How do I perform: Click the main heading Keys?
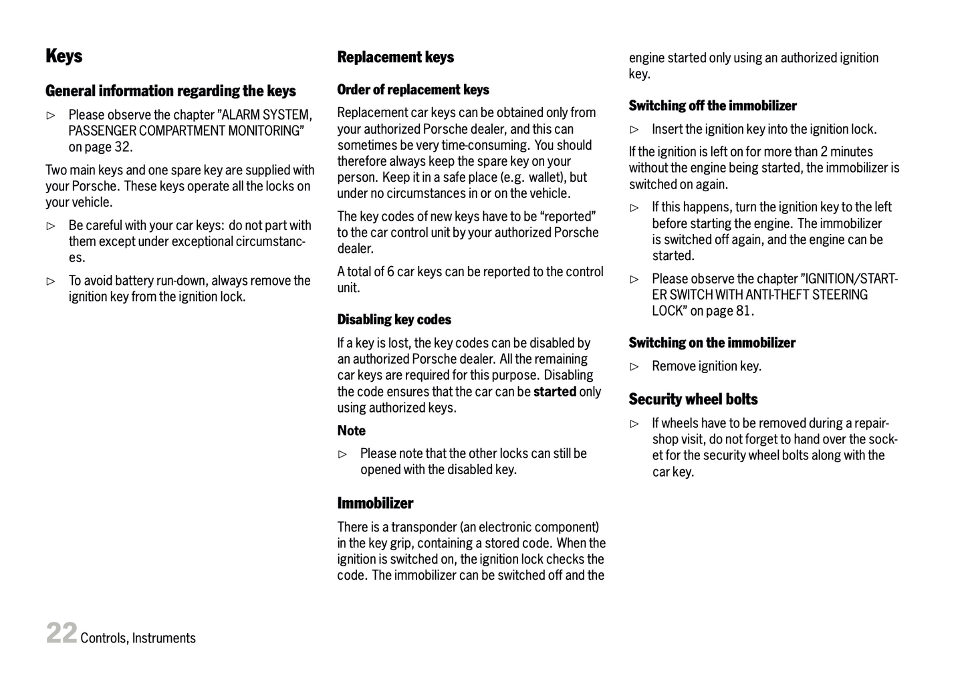(64, 56)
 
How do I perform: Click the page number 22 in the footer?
(61, 633)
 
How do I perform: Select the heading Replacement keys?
(395, 57)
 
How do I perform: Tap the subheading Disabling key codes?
(394, 320)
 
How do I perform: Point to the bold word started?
(554, 392)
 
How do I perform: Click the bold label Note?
(351, 431)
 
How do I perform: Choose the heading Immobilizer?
(375, 503)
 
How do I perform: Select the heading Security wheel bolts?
(693, 400)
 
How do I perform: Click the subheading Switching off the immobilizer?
(712, 106)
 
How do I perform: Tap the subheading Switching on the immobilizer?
(711, 343)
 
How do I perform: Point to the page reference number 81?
(744, 311)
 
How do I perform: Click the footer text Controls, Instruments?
(138, 639)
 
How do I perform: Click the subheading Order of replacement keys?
(412, 90)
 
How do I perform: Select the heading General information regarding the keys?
(170, 91)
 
